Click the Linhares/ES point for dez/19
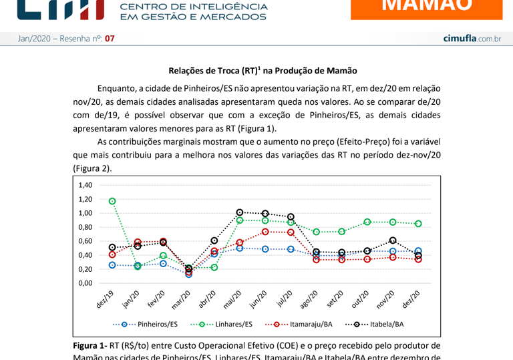pos(112,201)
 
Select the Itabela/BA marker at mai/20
pos(240,212)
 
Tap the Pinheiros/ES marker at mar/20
pos(189,274)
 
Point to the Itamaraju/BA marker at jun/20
pos(265,232)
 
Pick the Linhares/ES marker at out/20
pos(367,222)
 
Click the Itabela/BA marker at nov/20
pos(393,240)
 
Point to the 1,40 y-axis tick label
pos(85,185)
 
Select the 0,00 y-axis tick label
pos(85,283)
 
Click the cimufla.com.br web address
pos(472,39)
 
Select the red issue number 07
pos(110,39)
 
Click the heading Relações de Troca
pos(263,70)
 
